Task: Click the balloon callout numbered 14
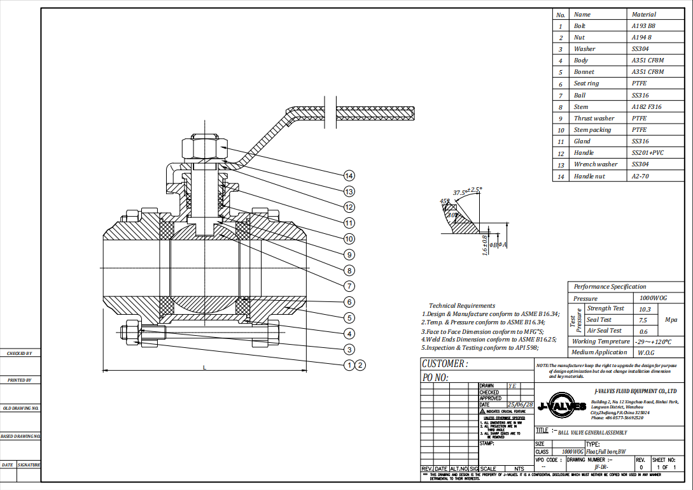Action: [348, 175]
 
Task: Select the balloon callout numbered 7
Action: [348, 286]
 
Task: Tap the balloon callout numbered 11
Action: [348, 223]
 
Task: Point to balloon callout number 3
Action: [348, 349]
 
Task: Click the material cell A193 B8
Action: [643, 26]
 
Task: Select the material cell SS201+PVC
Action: [647, 153]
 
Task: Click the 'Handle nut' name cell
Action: [589, 177]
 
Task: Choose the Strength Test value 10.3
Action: [644, 309]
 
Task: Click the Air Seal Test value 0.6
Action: [643, 331]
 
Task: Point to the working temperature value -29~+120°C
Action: [654, 342]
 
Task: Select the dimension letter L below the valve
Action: [204, 367]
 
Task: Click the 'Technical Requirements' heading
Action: [461, 306]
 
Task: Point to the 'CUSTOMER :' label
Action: [444, 364]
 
